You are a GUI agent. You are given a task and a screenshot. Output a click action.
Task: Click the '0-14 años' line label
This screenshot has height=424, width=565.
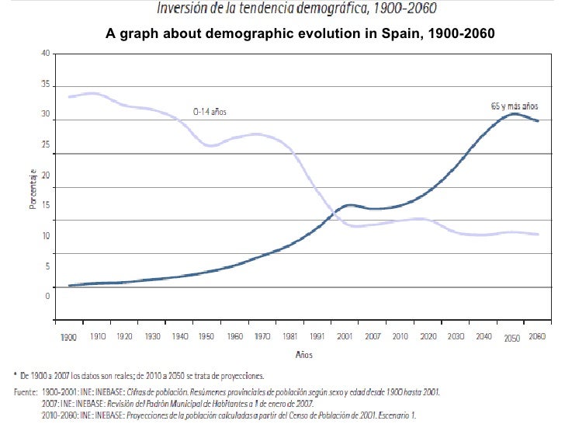210,111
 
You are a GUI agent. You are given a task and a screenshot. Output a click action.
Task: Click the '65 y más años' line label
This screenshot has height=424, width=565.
515,104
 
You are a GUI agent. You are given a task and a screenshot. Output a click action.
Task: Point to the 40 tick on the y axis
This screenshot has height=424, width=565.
47,53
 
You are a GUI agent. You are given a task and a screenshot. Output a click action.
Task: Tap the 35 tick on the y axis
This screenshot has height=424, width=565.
47,84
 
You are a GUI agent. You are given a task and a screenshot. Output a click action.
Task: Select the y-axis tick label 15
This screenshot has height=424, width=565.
47,205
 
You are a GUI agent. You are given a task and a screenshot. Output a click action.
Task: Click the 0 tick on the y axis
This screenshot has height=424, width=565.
48,296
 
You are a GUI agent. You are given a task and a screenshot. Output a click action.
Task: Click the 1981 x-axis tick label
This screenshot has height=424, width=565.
286,338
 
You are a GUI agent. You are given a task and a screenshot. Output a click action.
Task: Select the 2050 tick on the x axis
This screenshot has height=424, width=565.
512,339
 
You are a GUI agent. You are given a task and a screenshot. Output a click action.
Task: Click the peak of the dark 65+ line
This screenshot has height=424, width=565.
513,113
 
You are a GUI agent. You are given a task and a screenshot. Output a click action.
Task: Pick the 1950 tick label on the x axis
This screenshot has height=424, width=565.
206,338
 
